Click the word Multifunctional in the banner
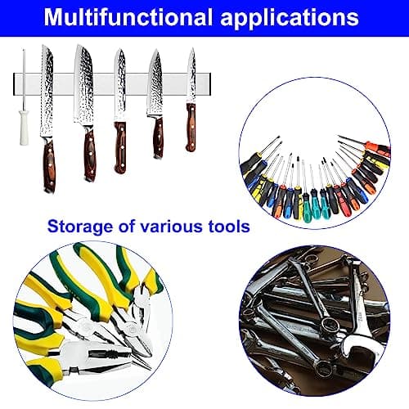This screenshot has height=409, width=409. [128, 17]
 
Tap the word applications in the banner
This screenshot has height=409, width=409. [290, 19]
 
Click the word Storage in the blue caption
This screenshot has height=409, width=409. [80, 227]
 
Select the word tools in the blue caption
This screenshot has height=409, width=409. [229, 226]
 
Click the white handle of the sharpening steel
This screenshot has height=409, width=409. [24, 127]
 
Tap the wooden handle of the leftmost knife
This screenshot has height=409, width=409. [49, 166]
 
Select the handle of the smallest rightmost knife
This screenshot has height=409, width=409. [191, 127]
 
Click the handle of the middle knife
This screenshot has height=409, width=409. [120, 147]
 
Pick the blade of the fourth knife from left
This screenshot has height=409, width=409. [155, 84]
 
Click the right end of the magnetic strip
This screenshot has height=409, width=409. [210, 84]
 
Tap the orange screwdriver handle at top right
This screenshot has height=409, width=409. [379, 147]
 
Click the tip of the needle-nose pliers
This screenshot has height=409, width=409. [151, 369]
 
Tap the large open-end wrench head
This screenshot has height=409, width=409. [360, 352]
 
